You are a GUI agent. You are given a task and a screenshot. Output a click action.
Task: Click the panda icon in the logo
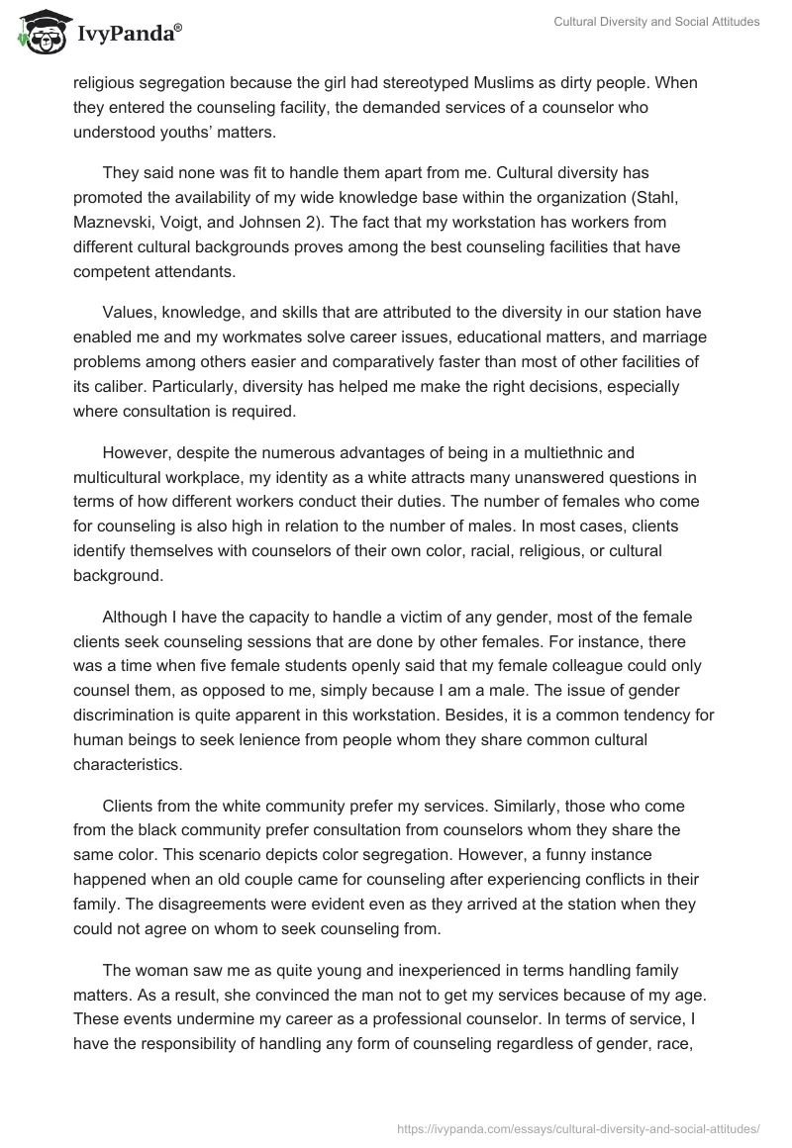tap(37, 35)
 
